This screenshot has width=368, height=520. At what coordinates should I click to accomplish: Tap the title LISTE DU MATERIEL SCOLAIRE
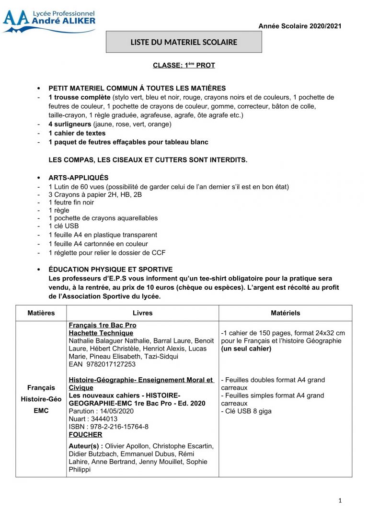(x=184, y=42)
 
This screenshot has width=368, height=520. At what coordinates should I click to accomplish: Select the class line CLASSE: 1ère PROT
(x=184, y=65)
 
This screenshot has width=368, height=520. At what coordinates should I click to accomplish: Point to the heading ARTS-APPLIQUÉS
(x=79, y=178)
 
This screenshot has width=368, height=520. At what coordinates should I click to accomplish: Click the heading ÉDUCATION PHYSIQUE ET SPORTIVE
(x=110, y=270)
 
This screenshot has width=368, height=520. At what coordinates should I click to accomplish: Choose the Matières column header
(x=41, y=313)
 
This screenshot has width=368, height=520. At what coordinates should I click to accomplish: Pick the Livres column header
(x=142, y=313)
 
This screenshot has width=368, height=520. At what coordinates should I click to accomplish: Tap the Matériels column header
(x=285, y=313)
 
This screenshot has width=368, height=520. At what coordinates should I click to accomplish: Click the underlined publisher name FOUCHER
(x=85, y=435)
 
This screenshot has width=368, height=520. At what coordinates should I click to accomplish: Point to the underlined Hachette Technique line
(x=101, y=333)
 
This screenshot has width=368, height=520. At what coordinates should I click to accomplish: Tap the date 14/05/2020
(x=117, y=411)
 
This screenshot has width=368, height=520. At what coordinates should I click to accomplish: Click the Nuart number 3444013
(x=103, y=419)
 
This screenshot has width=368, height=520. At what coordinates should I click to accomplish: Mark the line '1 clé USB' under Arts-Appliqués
(x=64, y=226)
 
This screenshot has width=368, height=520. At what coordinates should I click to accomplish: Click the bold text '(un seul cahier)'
(x=246, y=349)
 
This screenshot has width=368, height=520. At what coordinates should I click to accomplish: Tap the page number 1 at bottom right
(x=340, y=501)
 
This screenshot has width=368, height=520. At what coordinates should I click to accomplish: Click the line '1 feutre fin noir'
(x=71, y=203)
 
